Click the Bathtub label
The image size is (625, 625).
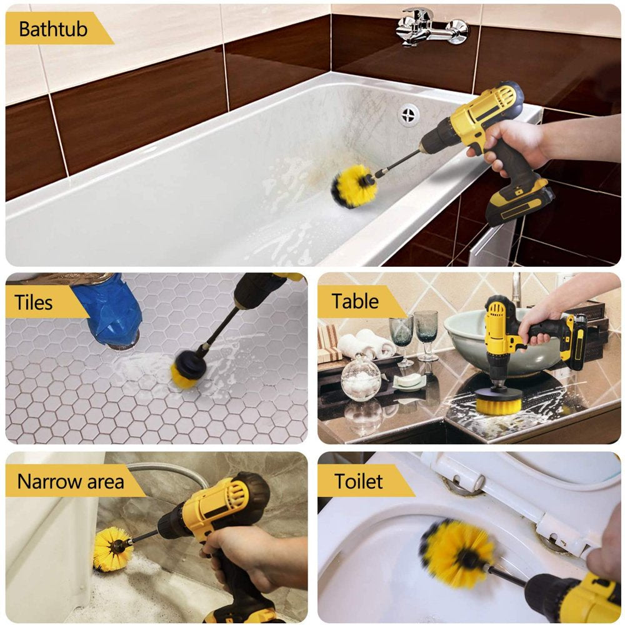click(53, 29)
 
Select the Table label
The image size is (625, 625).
click(355, 301)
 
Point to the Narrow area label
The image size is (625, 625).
click(71, 481)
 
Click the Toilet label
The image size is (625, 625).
click(358, 481)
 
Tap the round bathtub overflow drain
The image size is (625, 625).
click(409, 114)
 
